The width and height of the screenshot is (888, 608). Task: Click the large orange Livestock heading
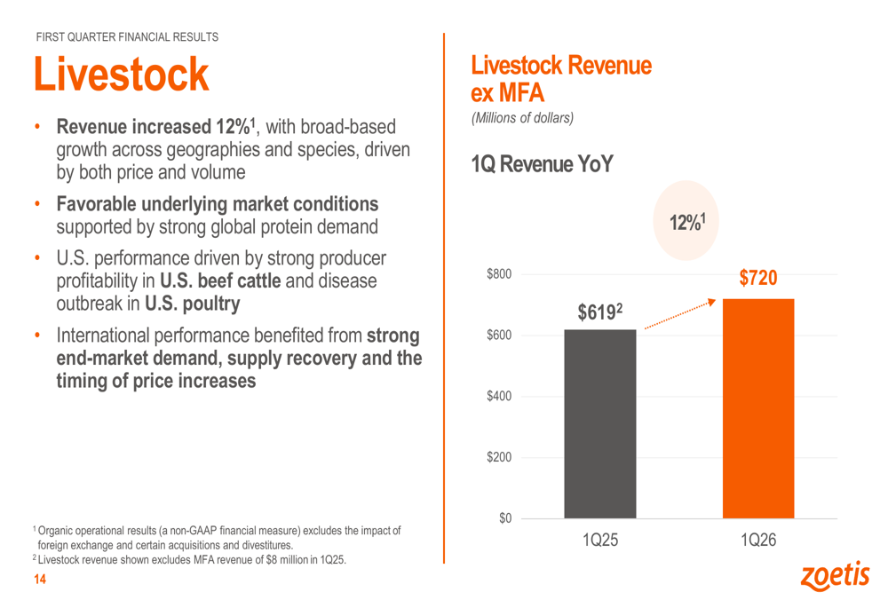coord(121,75)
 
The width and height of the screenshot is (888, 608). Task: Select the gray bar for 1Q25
coord(599,423)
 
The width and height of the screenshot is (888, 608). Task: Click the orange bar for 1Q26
coord(758,408)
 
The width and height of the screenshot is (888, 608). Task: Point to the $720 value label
coord(758,278)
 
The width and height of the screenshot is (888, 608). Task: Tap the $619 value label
coord(599,312)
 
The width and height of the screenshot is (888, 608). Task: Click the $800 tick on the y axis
coord(499,274)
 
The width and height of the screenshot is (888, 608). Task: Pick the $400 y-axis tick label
coord(499,396)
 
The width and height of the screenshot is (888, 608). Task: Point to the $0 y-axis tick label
coord(505,518)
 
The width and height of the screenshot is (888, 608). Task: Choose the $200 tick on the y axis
coord(499,457)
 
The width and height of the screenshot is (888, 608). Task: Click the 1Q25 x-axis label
coord(600,540)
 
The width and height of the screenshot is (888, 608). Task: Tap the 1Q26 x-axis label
coord(758,540)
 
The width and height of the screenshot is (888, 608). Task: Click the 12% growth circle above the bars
coord(686,221)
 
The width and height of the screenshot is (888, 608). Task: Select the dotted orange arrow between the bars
coord(680,314)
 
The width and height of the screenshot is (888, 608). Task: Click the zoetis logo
coord(836,576)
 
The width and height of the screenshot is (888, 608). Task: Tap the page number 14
coord(40,579)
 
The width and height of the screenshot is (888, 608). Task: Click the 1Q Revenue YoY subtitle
coord(542,164)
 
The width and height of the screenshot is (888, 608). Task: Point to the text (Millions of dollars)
coord(522,118)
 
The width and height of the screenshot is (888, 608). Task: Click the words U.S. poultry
coord(193,304)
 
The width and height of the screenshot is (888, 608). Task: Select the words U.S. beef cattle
coord(220,280)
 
